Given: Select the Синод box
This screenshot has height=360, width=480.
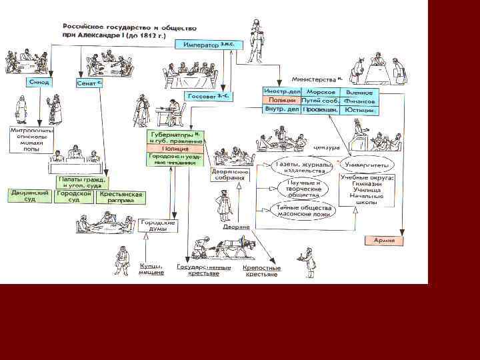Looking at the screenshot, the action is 39,81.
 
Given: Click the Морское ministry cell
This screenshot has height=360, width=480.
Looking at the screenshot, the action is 321,92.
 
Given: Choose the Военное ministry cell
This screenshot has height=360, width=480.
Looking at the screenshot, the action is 359,92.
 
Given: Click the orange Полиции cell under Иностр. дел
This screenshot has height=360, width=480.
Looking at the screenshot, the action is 281,101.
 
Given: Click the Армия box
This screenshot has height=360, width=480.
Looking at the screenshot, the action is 385,239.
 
